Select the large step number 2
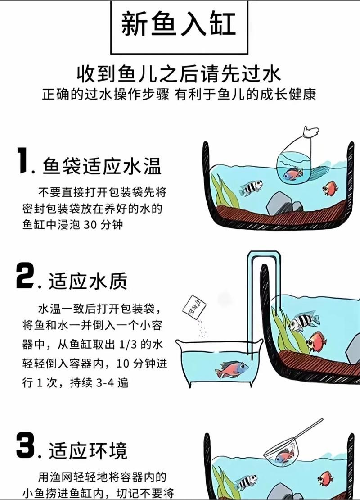(25, 276)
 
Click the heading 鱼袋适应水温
(102, 167)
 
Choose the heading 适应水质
(88, 281)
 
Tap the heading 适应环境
(88, 450)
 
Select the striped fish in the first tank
(251, 187)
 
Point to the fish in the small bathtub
(231, 369)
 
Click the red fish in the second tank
(316, 341)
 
